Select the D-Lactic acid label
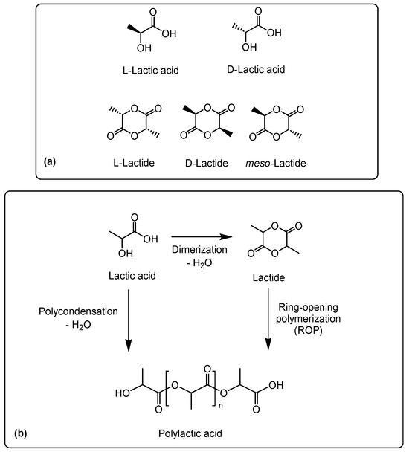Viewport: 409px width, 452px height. coord(256,69)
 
